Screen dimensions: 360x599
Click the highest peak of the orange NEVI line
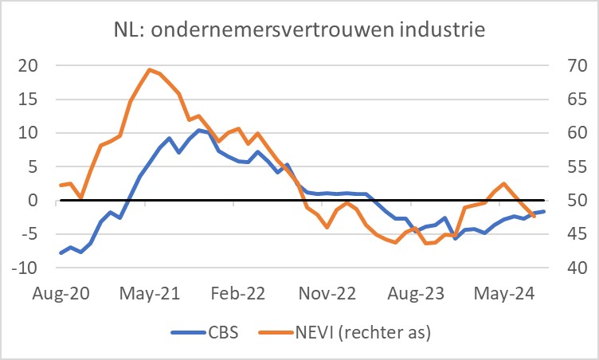click(x=150, y=69)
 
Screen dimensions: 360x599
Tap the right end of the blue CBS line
click(x=544, y=211)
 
